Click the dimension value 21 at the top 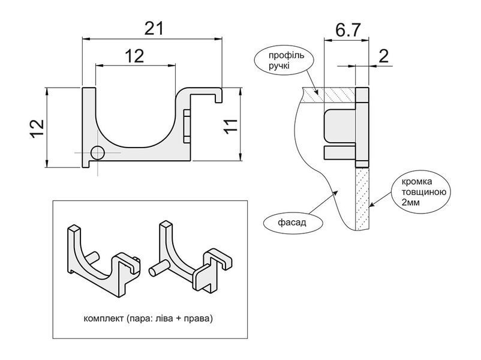(x=154, y=29)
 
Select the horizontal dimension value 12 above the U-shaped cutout (x=134, y=56)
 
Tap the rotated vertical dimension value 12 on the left (x=37, y=128)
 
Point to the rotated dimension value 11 (x=231, y=126)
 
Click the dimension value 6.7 (x=347, y=30)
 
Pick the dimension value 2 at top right (x=383, y=56)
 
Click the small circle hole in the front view (x=98, y=153)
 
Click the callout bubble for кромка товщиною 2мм (x=421, y=192)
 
